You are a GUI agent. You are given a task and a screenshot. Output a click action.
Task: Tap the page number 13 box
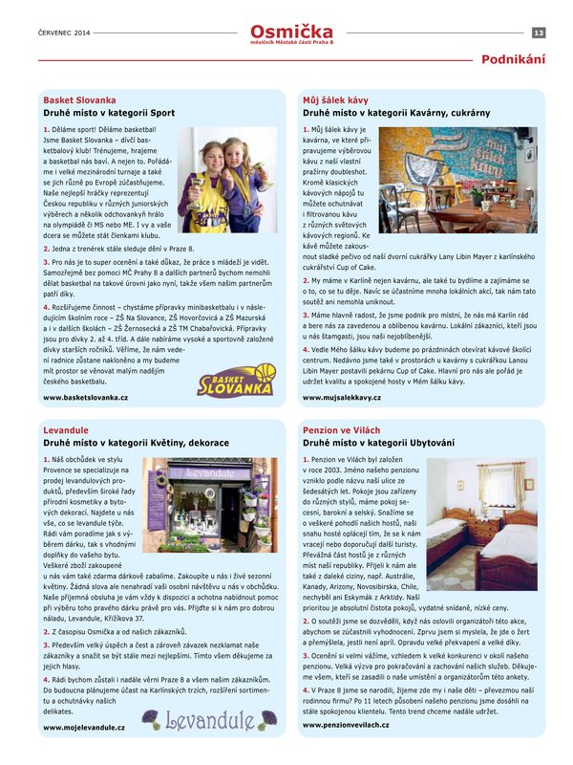coord(539,33)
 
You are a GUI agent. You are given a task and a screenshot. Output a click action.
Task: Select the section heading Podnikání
coord(514,59)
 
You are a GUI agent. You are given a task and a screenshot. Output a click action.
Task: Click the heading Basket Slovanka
coord(79,99)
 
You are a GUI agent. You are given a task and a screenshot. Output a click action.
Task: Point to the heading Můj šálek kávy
coord(335,99)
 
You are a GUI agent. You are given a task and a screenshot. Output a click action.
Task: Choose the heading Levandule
coord(66,431)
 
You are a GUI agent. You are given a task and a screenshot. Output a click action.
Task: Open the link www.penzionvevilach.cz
coord(348,725)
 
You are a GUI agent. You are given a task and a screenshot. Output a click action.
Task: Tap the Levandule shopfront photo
coord(209,505)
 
